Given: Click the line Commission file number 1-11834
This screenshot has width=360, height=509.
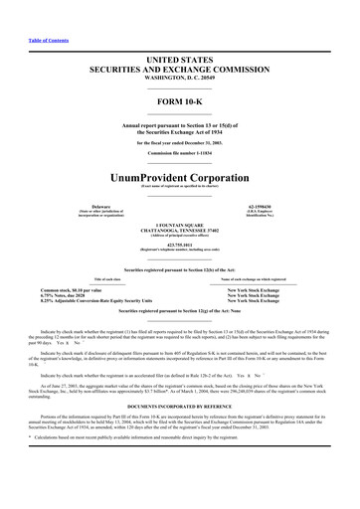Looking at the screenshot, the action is tap(179, 151).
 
